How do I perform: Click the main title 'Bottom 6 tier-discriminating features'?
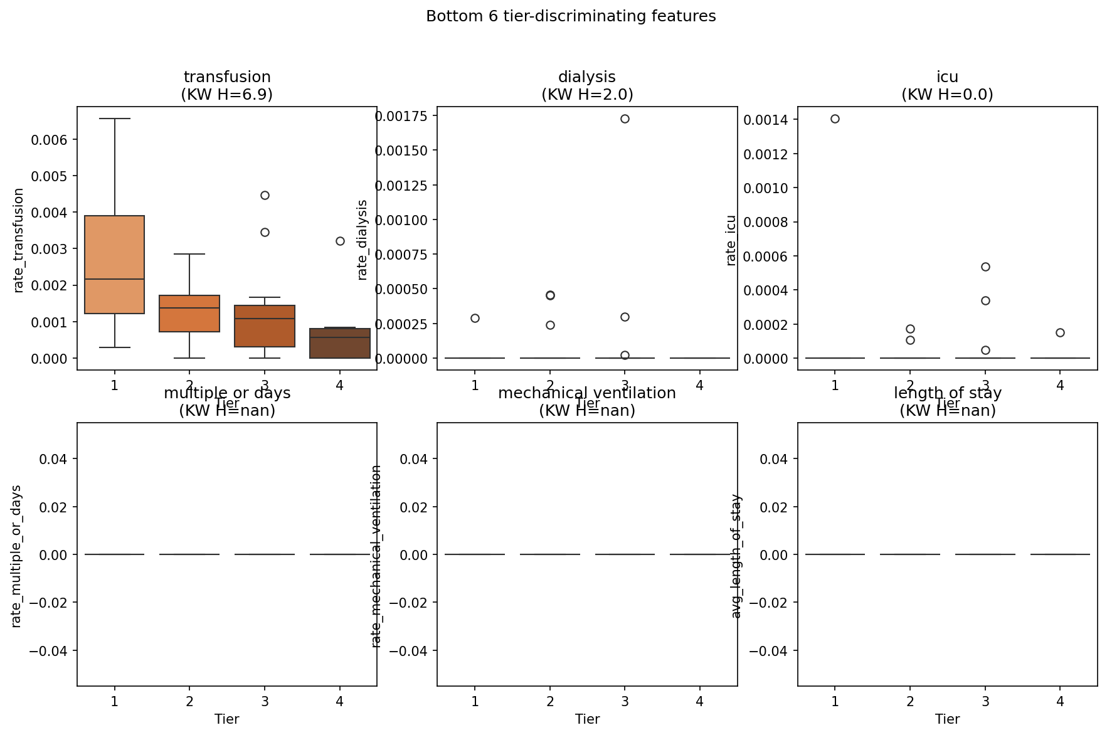click(571, 16)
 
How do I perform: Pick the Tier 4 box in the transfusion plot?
click(340, 343)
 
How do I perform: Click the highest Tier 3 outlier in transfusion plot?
click(265, 195)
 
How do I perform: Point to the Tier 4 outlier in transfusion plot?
click(340, 241)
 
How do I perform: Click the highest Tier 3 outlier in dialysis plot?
click(625, 119)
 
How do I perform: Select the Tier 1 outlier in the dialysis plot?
click(475, 318)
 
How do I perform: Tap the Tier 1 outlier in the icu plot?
click(835, 119)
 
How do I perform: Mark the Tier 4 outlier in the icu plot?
click(1060, 332)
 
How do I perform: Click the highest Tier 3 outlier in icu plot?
click(985, 267)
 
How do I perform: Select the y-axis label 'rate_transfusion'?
click(18, 240)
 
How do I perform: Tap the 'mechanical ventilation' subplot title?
click(587, 393)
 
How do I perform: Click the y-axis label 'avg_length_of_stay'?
click(736, 556)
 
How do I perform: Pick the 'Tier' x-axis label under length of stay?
click(947, 719)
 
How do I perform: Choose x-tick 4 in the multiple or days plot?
click(340, 701)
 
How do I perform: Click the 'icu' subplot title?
click(947, 77)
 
